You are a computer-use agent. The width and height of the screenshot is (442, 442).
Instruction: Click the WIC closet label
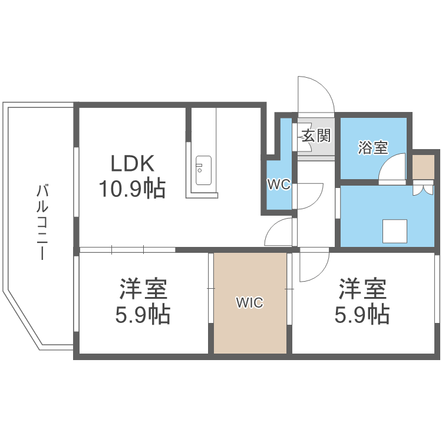point(250,304)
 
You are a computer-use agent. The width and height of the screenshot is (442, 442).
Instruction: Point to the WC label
point(278,184)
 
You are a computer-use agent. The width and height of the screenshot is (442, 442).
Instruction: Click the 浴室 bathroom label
point(374,147)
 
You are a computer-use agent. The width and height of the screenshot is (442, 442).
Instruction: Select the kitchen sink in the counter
point(203,170)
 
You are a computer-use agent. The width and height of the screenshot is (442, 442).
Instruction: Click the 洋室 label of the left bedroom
point(143,289)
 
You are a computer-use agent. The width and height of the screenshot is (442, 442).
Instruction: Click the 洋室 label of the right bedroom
point(362,289)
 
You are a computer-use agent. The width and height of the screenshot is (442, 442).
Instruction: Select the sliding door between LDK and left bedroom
point(127,249)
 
